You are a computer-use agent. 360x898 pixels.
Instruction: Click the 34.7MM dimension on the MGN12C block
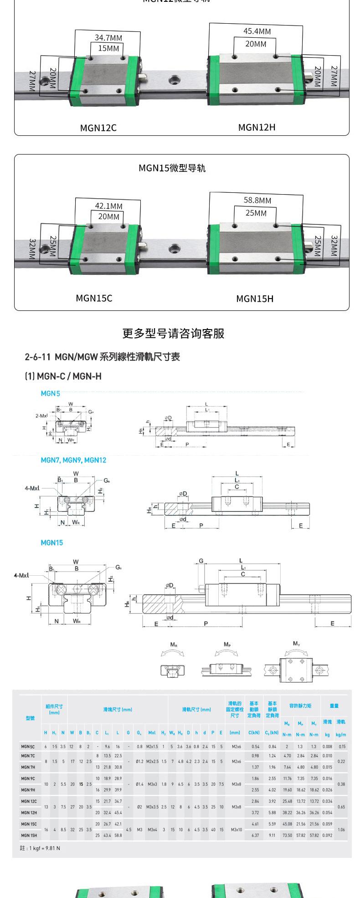pyautogui.click(x=108, y=37)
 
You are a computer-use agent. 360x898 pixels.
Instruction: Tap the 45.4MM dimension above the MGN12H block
pyautogui.click(x=257, y=31)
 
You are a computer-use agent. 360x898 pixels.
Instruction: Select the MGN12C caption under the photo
pyautogui.click(x=98, y=128)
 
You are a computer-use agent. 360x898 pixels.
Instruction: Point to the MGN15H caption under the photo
pyautogui.click(x=255, y=299)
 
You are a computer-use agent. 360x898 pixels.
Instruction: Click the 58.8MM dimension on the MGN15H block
pyautogui.click(x=257, y=200)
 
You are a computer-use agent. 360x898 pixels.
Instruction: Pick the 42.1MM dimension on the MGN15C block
pyautogui.click(x=108, y=206)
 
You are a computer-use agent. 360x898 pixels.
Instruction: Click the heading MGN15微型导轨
pyautogui.click(x=172, y=168)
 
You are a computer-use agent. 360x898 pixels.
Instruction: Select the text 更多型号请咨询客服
pyautogui.click(x=173, y=333)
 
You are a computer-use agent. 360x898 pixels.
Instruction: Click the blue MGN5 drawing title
pyautogui.click(x=50, y=393)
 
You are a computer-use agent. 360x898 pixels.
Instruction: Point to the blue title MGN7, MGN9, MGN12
pyautogui.click(x=73, y=460)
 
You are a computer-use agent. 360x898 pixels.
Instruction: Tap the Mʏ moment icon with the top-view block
pyautogui.click(x=296, y=666)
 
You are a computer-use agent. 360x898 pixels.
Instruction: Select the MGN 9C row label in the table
pyautogui.click(x=28, y=779)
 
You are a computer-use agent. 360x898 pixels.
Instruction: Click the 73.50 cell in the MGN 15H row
pyautogui.click(x=287, y=836)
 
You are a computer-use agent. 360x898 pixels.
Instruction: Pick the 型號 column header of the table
pyautogui.click(x=30, y=718)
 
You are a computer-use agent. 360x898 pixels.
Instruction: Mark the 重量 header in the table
pyautogui.click(x=334, y=706)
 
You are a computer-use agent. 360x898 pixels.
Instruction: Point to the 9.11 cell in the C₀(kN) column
pyautogui.click(x=272, y=836)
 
